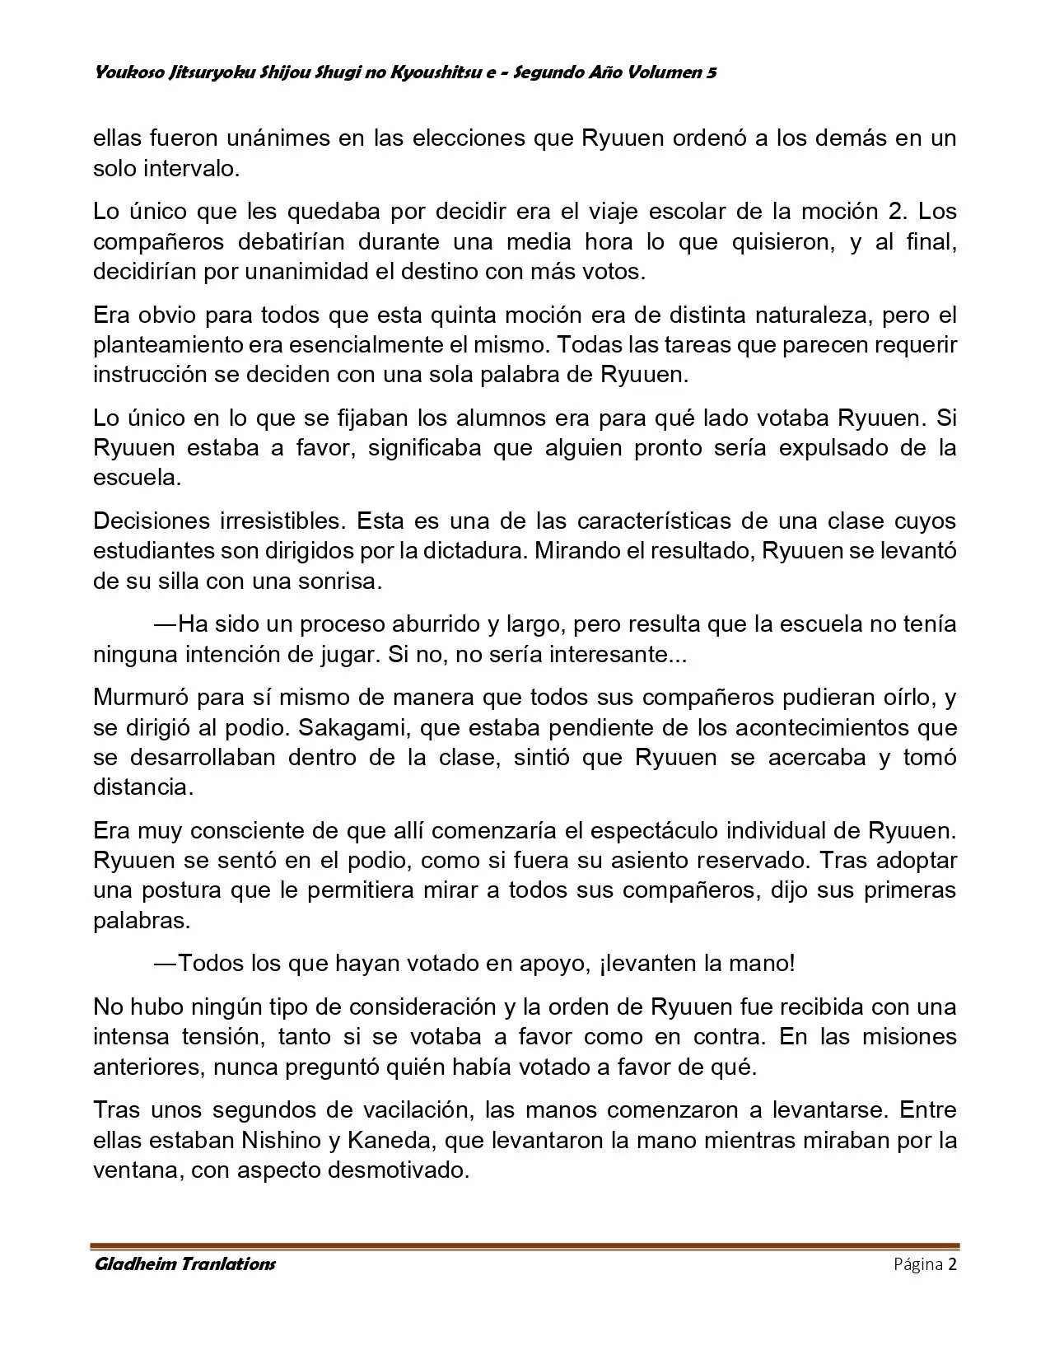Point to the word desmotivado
tap(398, 1170)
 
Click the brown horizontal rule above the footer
tap(525, 1245)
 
